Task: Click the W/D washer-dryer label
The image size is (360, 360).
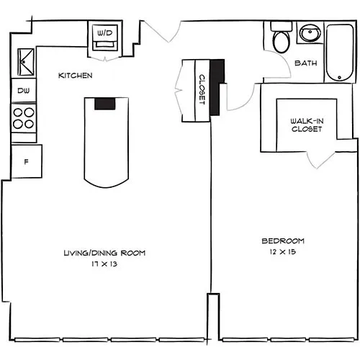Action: (105, 33)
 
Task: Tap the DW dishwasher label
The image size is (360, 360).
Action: (24, 91)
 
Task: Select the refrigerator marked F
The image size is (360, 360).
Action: (27, 161)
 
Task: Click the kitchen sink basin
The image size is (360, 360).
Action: (26, 62)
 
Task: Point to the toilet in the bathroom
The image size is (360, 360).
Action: (281, 37)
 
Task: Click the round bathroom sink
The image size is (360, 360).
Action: (310, 33)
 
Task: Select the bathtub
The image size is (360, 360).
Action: (340, 52)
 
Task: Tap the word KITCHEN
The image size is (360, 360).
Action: (76, 76)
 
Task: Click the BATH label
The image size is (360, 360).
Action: (306, 63)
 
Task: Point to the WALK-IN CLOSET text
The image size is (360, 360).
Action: (307, 125)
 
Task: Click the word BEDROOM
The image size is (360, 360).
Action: (283, 240)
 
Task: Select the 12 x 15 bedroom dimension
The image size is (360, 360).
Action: (283, 252)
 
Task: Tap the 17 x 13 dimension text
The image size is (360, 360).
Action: (104, 264)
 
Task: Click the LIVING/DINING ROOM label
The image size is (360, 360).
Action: (104, 253)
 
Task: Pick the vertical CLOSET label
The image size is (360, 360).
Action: (202, 89)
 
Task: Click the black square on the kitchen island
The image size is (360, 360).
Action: (105, 104)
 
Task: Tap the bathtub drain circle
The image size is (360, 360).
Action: (339, 77)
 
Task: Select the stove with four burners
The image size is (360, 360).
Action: (24, 118)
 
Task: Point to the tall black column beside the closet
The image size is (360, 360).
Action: (217, 87)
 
